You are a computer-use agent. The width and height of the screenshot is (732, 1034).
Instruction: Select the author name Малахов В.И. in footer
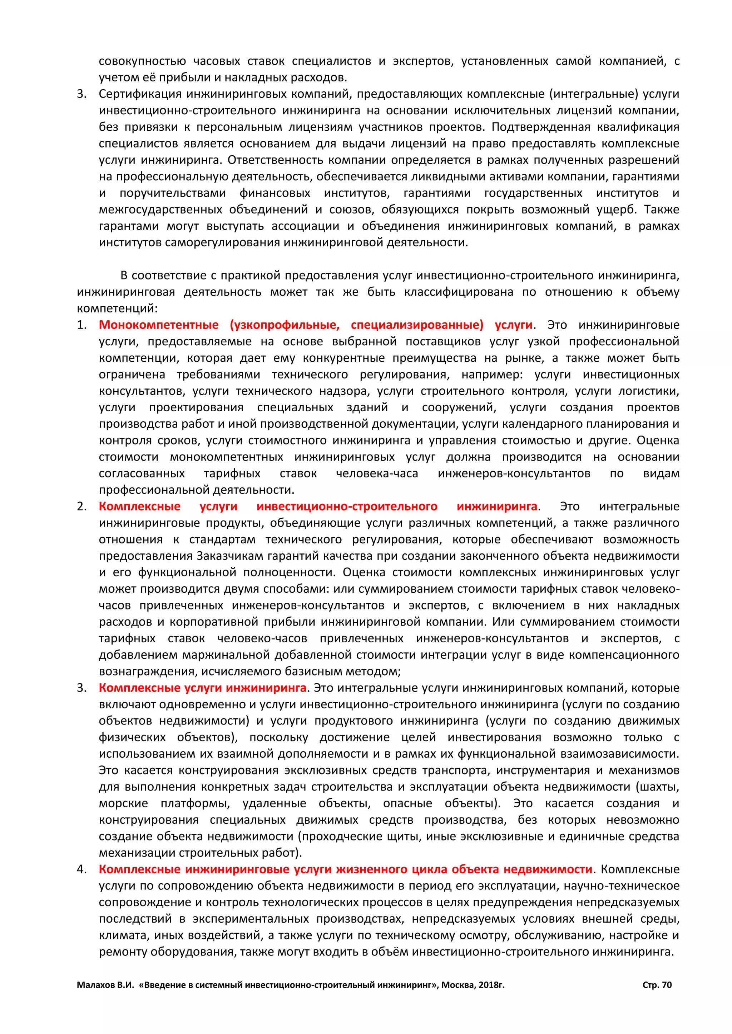click(x=105, y=985)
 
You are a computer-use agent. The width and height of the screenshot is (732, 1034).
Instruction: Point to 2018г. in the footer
click(x=491, y=985)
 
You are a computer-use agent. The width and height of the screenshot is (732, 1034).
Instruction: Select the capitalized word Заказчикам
click(x=230, y=556)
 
